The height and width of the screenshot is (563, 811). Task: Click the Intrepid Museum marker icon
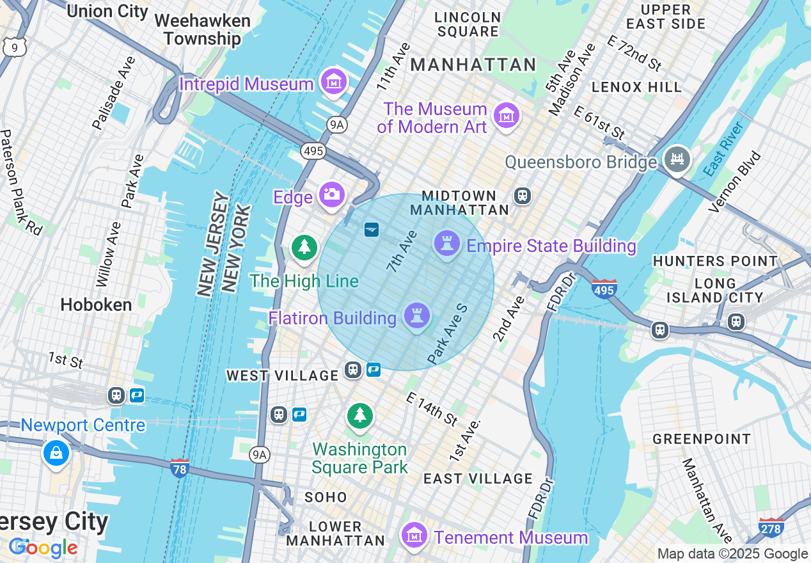point(333,82)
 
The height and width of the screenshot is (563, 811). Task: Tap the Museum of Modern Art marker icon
point(507,116)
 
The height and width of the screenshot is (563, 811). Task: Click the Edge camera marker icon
point(331,194)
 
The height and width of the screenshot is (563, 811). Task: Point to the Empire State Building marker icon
point(446,244)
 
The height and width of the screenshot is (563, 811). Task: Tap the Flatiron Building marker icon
point(417,315)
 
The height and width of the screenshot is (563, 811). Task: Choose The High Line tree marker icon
point(304,247)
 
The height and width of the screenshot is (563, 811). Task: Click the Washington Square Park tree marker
point(360,416)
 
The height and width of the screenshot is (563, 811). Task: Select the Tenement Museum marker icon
point(414,535)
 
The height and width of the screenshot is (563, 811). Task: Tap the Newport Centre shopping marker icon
point(56,453)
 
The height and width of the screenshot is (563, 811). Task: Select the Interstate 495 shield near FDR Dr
point(604,288)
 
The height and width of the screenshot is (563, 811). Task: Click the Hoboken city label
point(96,305)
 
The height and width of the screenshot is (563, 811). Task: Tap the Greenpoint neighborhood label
point(702,439)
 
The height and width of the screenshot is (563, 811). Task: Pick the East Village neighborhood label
point(478,479)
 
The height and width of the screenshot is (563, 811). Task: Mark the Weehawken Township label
point(202,29)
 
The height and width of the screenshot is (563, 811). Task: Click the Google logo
point(43,548)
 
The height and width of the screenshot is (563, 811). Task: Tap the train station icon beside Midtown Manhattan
point(523,195)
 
